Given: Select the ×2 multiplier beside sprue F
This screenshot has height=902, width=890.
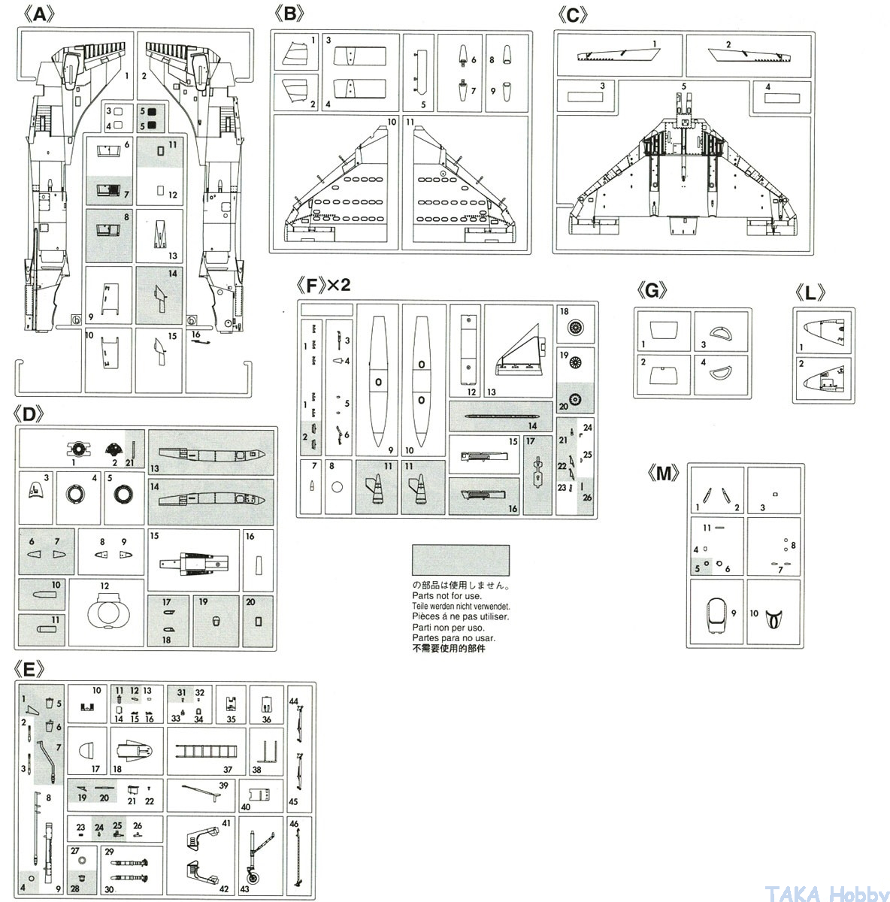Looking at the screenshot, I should tap(338, 286).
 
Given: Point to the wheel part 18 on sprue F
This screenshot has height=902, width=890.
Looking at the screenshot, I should tap(576, 328).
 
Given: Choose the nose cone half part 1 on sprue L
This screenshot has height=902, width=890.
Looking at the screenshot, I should tap(824, 333).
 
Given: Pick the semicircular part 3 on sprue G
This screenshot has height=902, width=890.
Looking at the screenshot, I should tap(721, 331).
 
